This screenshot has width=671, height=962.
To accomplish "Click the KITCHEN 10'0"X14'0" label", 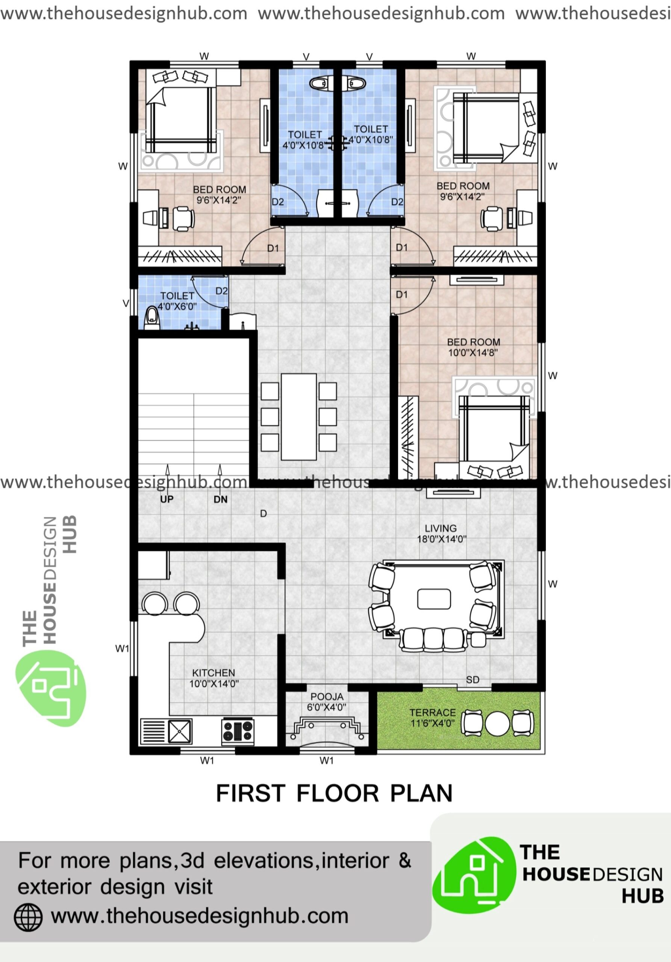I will [214, 678].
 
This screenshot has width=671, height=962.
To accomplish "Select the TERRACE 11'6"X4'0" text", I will [433, 718].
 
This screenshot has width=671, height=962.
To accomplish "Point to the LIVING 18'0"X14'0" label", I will [441, 533].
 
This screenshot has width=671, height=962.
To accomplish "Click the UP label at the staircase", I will [167, 499].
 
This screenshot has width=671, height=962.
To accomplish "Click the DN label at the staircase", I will [220, 499].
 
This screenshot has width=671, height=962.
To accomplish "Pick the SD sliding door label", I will [473, 680].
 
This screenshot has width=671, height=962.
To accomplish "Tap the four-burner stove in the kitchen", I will [238, 732].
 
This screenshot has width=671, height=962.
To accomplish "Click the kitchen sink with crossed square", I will [180, 731].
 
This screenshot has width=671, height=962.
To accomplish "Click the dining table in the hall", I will [298, 416].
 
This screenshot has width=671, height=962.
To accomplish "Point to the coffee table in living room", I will [434, 599].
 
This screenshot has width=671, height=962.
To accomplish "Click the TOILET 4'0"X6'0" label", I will [177, 301].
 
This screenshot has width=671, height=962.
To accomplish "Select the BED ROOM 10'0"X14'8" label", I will [473, 347].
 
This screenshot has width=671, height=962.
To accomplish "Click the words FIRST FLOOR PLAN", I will [334, 793].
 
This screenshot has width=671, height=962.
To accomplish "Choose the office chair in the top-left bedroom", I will [183, 218].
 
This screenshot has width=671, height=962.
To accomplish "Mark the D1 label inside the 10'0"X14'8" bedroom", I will [401, 295].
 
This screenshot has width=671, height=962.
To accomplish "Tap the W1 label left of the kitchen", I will [122, 649].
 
